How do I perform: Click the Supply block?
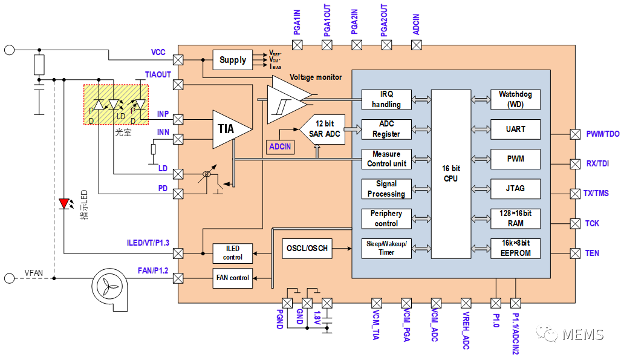coord(233,60)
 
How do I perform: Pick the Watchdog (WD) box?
coord(515,99)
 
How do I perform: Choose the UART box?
coord(515,129)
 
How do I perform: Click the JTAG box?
coord(515,188)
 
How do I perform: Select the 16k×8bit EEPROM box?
coord(515,248)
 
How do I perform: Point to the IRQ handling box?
coord(386,99)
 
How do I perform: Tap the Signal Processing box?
coord(386,189)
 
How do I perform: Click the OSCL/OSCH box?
coord(307,248)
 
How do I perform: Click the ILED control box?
coord(233,253)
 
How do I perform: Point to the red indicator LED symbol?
coord(63,204)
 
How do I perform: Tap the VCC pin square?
coord(178,60)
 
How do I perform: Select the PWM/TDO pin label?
coord(602,134)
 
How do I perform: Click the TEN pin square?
coord(575,253)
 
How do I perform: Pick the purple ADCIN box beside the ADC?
coord(281,146)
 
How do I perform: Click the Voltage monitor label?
coord(316,77)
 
